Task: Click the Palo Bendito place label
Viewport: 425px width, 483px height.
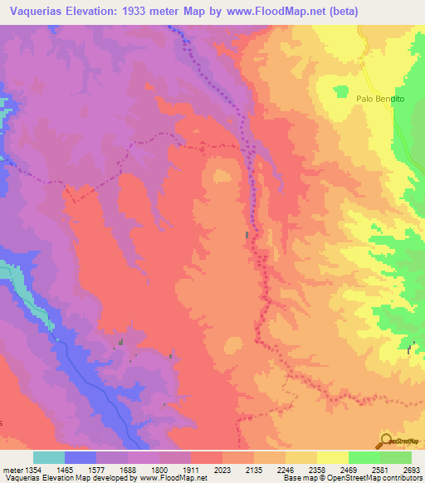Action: point(379,97)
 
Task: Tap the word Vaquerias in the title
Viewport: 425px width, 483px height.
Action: point(37,11)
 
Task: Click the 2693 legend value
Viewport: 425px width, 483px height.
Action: point(411,470)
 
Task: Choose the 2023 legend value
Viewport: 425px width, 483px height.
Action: point(223,470)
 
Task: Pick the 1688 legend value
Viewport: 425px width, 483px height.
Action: point(129,470)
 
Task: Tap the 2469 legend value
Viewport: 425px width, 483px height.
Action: point(348,470)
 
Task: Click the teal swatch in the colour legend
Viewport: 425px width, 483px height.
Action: point(49,457)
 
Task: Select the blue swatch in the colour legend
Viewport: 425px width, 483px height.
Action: point(81,457)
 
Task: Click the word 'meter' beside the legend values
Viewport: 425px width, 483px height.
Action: point(10,470)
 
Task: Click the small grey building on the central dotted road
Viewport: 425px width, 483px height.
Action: point(247,236)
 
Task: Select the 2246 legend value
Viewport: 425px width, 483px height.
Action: point(286,470)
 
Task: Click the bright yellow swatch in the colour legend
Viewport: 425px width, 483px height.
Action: point(332,457)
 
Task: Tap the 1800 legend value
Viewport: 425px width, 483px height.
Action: point(160,470)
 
